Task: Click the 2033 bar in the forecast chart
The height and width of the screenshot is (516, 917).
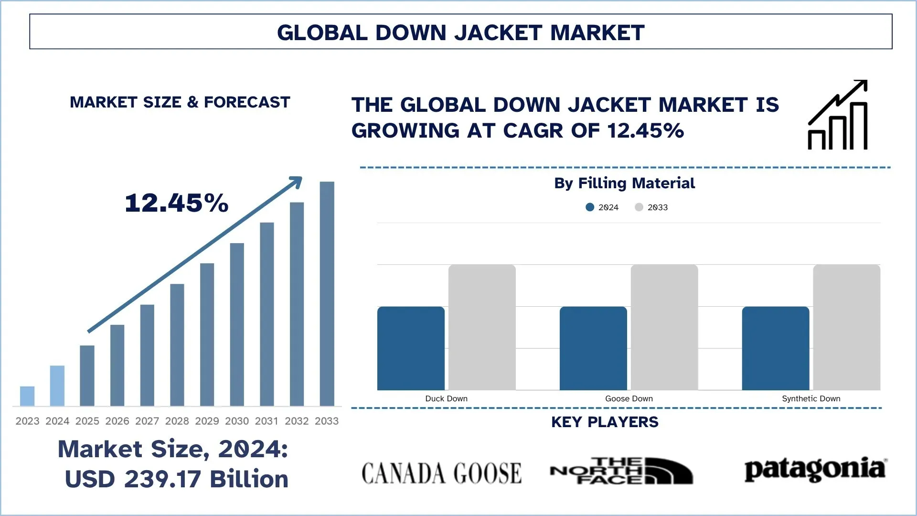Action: coord(327,293)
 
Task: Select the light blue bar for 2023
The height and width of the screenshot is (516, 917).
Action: coord(27,396)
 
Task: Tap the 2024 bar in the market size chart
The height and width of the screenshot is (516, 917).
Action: coord(57,386)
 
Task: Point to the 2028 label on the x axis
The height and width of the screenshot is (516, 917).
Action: coord(177,421)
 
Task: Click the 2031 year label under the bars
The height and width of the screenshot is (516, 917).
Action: coord(267,421)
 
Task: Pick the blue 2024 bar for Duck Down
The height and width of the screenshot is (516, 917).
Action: coord(411,348)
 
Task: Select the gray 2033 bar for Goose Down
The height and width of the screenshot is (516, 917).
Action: coord(664,327)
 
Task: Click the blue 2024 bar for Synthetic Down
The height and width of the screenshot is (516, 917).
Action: coord(775,348)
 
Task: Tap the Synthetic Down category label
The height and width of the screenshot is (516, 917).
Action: coord(810,398)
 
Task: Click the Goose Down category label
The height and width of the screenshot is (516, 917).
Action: coord(629,398)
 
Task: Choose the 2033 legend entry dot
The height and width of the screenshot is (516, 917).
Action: coord(639,207)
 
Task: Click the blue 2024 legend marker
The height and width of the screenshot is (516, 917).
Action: coord(590,207)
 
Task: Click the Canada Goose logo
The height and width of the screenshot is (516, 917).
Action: coord(441,473)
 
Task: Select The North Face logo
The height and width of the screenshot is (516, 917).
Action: coord(621,471)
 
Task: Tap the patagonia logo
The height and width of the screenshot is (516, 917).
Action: coord(815,470)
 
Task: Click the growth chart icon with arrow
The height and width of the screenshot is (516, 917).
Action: coord(837,115)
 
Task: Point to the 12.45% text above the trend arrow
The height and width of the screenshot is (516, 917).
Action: coord(177,203)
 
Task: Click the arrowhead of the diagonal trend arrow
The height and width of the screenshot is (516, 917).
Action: coord(297,182)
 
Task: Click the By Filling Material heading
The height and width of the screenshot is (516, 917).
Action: coord(624,183)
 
